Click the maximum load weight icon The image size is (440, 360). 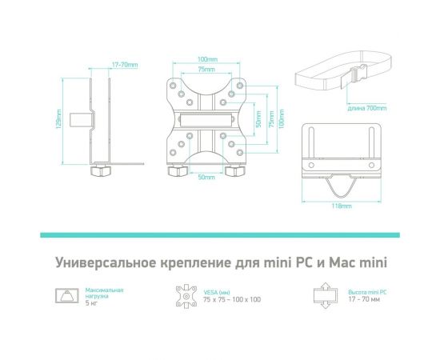coord(65,297)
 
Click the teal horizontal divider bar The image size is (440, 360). coord(220,234)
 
